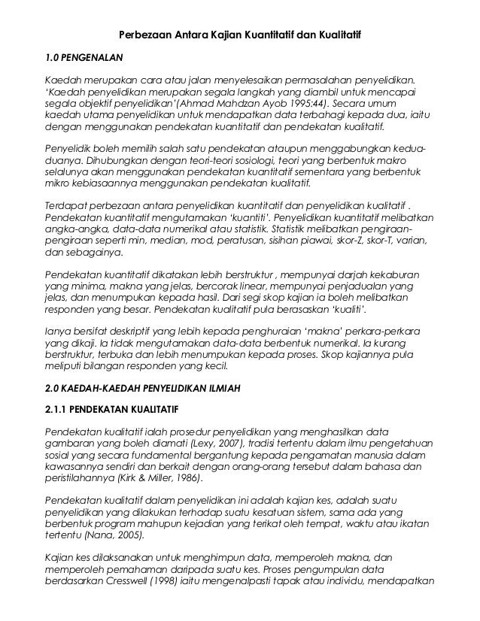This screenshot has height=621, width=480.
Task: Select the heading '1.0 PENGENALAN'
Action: (84, 56)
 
